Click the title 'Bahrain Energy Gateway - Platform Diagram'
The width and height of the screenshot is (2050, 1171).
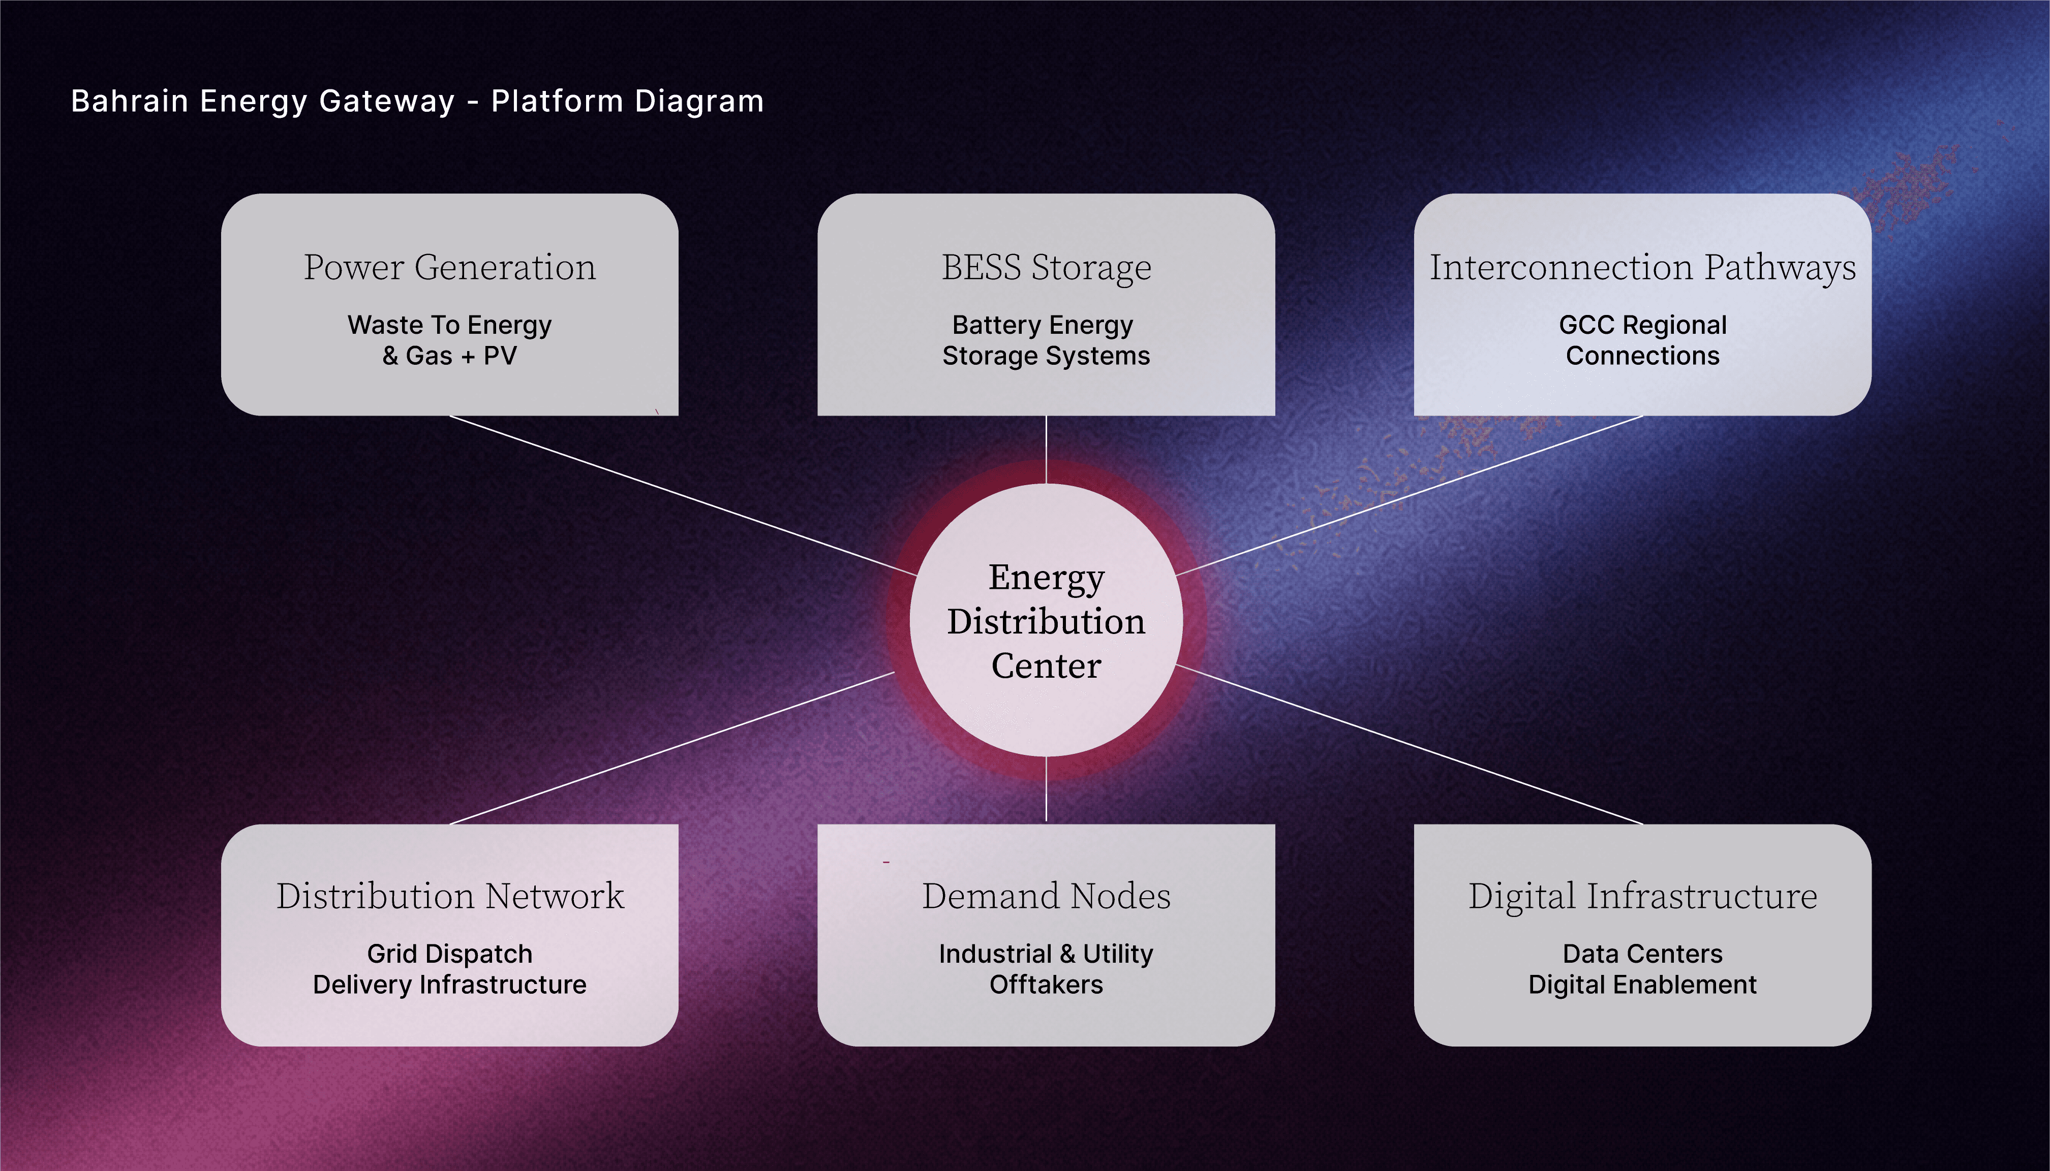coord(417,101)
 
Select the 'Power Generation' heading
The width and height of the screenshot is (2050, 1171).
coord(450,267)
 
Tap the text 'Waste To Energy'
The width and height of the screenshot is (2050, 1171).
coord(450,325)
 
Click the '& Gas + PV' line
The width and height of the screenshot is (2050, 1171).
coord(450,356)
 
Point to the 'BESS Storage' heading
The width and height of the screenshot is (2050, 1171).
coord(1046,267)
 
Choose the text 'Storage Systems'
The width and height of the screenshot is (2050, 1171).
coord(1046,356)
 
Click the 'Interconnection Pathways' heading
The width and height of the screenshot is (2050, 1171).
coord(1642,267)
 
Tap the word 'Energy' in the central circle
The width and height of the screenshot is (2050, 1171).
coord(1046,578)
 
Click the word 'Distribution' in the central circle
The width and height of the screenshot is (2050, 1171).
coord(1046,622)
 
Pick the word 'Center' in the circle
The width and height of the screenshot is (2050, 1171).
coord(1046,666)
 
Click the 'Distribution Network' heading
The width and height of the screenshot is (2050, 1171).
coord(450,896)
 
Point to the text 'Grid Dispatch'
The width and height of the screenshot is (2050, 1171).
coord(450,954)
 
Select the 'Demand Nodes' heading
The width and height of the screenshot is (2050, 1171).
coord(1046,896)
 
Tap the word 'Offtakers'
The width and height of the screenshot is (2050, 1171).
coord(1046,985)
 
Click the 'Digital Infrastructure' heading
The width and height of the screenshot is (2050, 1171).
coord(1642,896)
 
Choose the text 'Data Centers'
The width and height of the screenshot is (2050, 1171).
coord(1642,954)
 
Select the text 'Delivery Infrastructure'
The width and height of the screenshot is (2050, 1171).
coord(450,985)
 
